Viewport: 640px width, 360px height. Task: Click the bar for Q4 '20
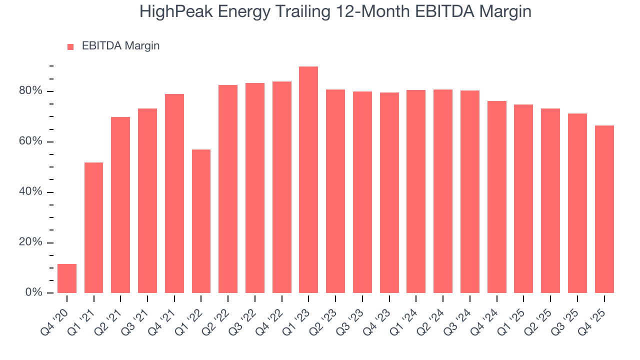click(67, 278)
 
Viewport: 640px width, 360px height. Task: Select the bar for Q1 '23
click(308, 180)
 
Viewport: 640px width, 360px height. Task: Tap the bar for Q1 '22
click(201, 221)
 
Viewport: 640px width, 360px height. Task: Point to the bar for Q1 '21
click(94, 227)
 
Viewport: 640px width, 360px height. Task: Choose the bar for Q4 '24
click(496, 197)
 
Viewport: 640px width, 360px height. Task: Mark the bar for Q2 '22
click(228, 189)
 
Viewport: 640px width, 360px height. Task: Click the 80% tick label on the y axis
click(31, 91)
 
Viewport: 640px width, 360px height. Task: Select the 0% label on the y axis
click(34, 292)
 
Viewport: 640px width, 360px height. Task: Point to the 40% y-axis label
click(31, 192)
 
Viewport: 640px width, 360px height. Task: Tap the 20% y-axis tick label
click(31, 242)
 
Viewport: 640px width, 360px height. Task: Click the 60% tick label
click(31, 141)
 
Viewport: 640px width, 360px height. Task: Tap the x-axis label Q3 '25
click(570, 314)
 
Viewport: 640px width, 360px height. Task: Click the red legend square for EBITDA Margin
click(70, 46)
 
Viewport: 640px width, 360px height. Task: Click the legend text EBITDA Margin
click(120, 46)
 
